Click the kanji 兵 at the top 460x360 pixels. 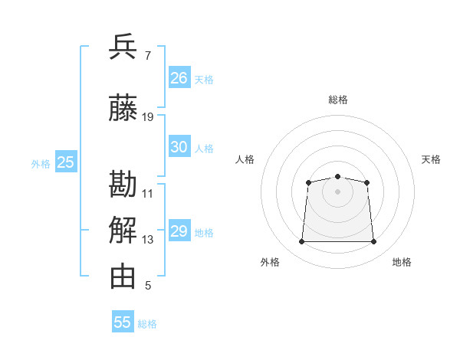[123, 47]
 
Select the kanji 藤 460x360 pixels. [123, 107]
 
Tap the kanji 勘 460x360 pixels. [123, 184]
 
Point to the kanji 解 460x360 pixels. [123, 230]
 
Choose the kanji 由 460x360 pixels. [123, 277]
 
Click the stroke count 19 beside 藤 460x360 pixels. [147, 117]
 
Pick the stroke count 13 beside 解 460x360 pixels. [147, 240]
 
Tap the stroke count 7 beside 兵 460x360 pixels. [148, 56]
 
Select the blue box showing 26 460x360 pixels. [179, 77]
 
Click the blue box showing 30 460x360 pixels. [179, 146]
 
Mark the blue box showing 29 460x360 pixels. [179, 230]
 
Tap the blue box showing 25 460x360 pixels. [66, 162]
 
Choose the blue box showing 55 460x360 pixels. [123, 321]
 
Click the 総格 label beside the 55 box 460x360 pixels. [147, 324]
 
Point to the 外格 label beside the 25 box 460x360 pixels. [41, 164]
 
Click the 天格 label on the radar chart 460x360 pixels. [431, 160]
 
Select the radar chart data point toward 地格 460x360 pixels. [373, 241]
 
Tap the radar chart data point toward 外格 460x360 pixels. [301, 241]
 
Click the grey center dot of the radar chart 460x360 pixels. [337, 191]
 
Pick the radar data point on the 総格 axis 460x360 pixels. [337, 176]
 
